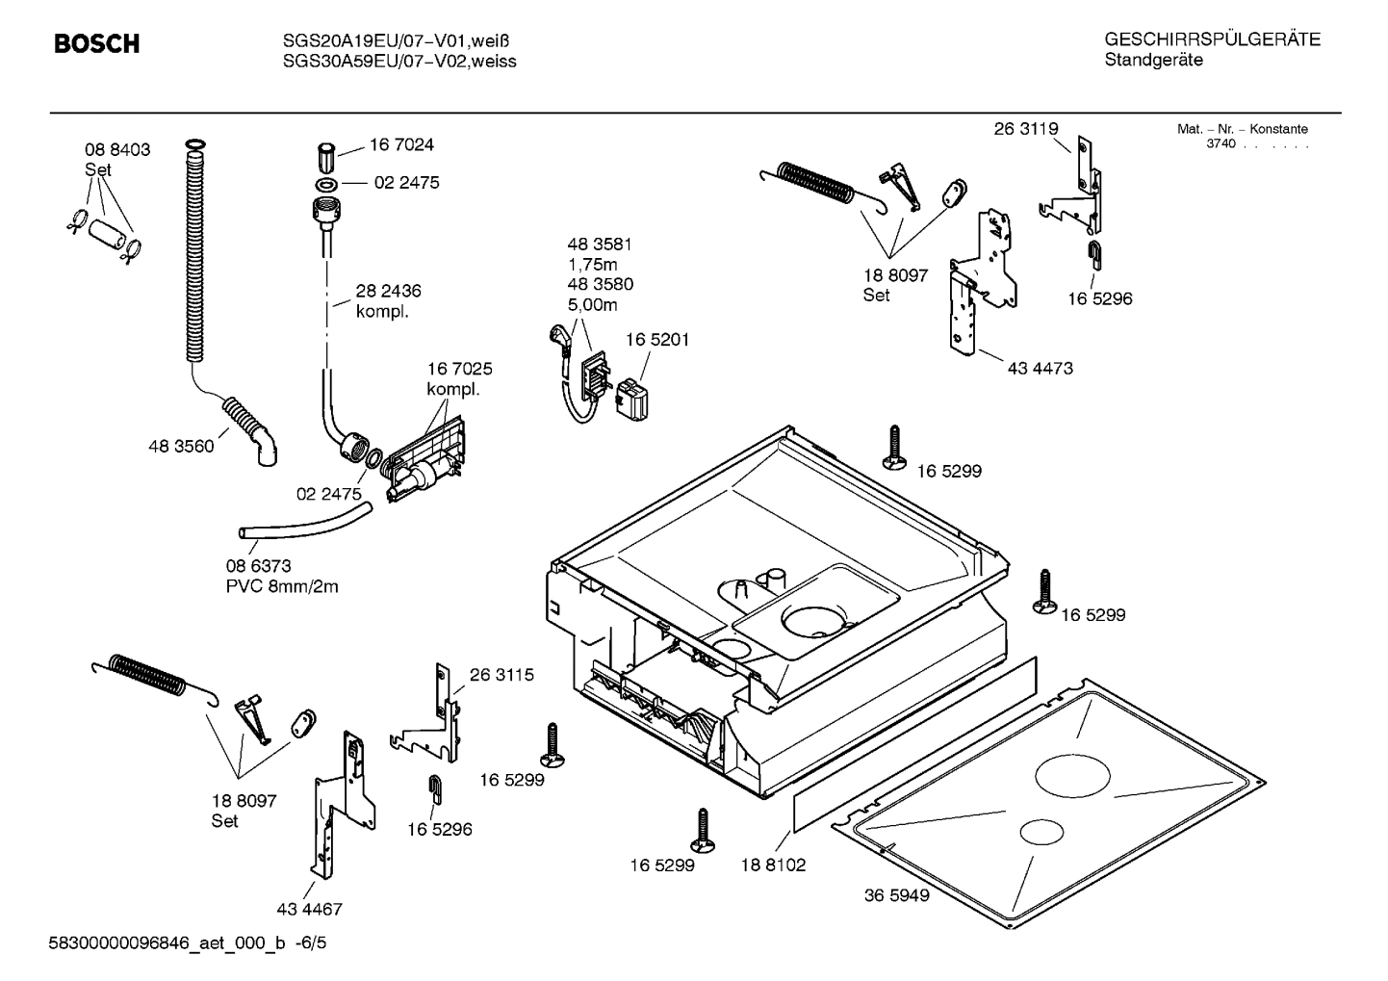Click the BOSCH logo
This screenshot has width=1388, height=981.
pyautogui.click(x=96, y=44)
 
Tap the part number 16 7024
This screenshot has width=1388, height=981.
pyautogui.click(x=401, y=145)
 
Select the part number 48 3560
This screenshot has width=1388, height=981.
pyautogui.click(x=181, y=447)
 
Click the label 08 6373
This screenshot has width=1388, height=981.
pyautogui.click(x=258, y=566)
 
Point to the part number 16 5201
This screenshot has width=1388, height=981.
pyautogui.click(x=657, y=340)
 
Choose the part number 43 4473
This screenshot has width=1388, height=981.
pyautogui.click(x=1040, y=368)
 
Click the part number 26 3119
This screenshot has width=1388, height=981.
pyautogui.click(x=1026, y=129)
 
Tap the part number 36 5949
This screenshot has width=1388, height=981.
pyautogui.click(x=896, y=895)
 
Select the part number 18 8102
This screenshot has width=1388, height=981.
pyautogui.click(x=773, y=865)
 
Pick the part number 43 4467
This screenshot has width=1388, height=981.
pyautogui.click(x=309, y=909)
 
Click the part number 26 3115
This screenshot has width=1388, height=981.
pyautogui.click(x=501, y=675)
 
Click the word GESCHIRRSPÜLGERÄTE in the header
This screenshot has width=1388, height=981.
pyautogui.click(x=1212, y=39)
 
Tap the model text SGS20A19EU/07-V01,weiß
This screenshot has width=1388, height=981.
pyautogui.click(x=396, y=41)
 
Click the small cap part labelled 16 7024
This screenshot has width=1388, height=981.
pyautogui.click(x=325, y=155)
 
